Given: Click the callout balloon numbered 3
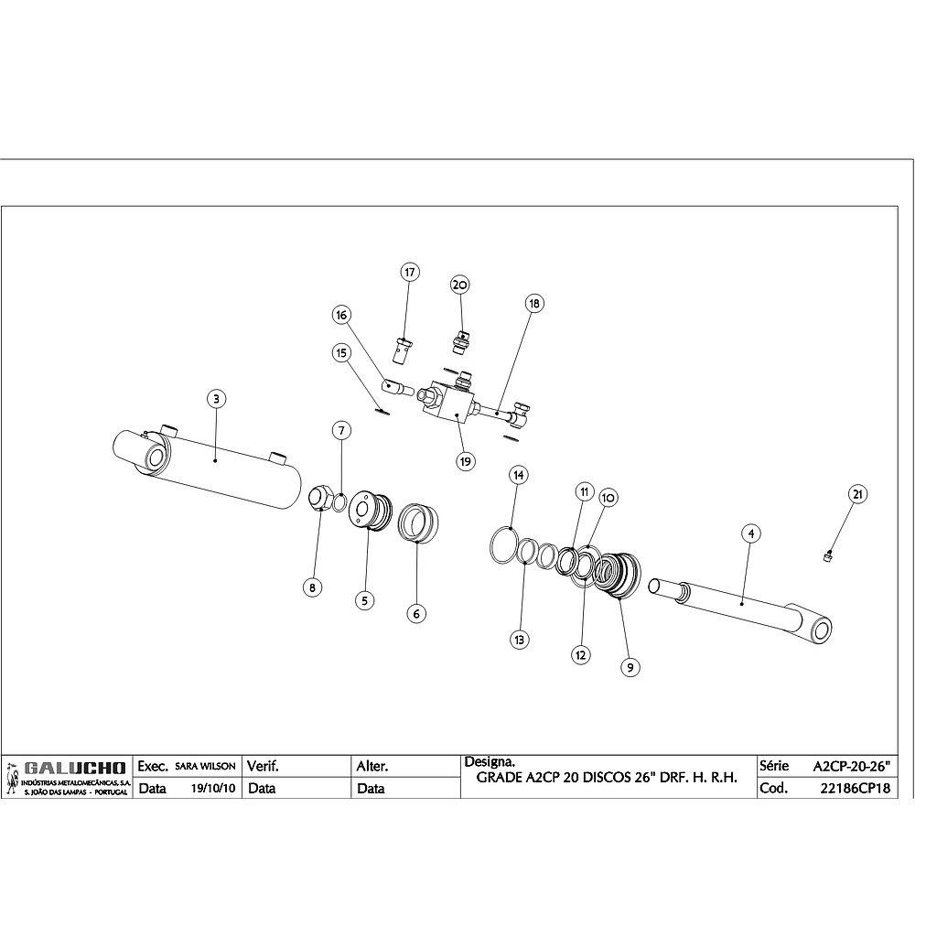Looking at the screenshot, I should coord(215,399).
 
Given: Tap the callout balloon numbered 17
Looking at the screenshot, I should coord(409,273).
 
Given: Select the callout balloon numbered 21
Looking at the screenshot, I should coord(857,495).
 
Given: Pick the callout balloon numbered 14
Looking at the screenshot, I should coord(519,475).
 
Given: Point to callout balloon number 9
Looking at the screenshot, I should coord(630,667).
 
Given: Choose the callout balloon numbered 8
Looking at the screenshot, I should coord(313,588).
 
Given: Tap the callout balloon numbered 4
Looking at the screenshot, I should coord(749,533).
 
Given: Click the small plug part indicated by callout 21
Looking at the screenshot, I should coord(828,554).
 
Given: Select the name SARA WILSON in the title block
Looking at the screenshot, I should coord(205,766).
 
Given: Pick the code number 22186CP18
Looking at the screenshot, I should coord(856,788).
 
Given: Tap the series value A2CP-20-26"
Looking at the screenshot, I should coord(851,765).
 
